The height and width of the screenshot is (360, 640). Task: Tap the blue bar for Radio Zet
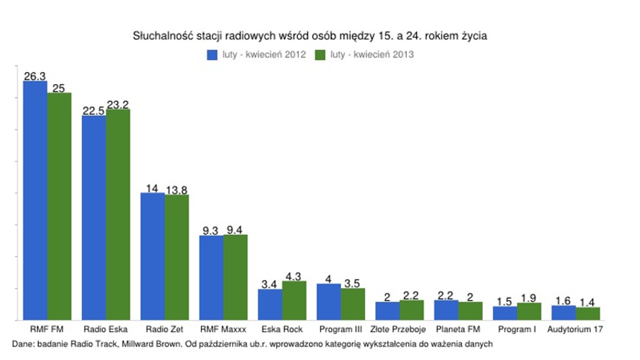click(x=153, y=256)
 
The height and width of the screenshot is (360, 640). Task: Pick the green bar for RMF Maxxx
click(x=235, y=277)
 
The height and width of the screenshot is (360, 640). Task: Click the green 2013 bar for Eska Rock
click(x=294, y=300)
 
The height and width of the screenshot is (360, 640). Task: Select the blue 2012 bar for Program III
click(x=329, y=301)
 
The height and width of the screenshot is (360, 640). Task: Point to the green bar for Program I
click(x=529, y=311)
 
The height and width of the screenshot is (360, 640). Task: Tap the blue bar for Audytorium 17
click(x=563, y=313)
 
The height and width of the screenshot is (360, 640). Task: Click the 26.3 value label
click(x=35, y=76)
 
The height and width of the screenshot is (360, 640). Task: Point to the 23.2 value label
click(x=118, y=104)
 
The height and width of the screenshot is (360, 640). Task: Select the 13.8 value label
click(x=176, y=190)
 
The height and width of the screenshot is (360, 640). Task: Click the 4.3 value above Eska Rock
click(x=293, y=276)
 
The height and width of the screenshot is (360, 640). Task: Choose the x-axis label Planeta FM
click(x=458, y=329)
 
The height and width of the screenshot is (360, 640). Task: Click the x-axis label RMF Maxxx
click(x=224, y=329)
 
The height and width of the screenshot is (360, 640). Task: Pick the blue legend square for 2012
click(x=212, y=55)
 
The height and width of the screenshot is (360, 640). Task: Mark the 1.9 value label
click(x=529, y=298)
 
